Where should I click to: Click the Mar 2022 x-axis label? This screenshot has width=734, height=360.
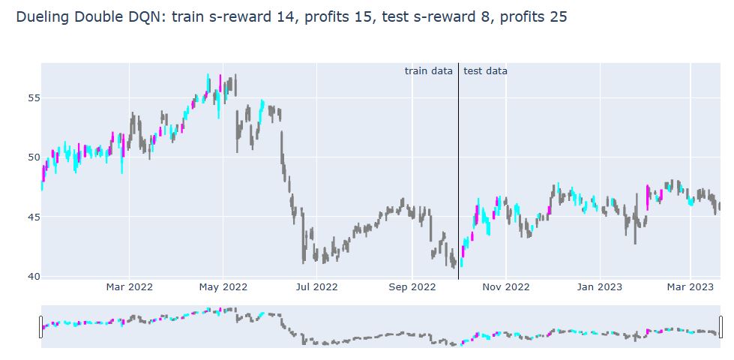[129, 286]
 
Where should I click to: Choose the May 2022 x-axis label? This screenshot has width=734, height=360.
[223, 286]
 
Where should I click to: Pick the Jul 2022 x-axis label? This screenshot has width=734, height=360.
[316, 286]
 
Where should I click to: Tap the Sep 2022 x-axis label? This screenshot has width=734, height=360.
[412, 286]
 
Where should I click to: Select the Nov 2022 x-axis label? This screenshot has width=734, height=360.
[506, 286]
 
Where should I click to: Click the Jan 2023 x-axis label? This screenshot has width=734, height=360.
[598, 286]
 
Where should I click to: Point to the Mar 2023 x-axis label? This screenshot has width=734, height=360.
[690, 286]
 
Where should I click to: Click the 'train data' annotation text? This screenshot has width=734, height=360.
[429, 71]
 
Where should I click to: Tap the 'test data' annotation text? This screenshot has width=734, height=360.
[485, 71]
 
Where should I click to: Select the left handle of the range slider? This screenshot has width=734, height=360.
[41, 327]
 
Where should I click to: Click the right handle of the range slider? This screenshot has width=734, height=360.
[721, 327]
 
